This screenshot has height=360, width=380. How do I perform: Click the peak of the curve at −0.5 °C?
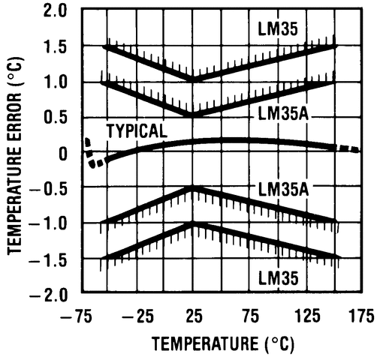click(x=194, y=188)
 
